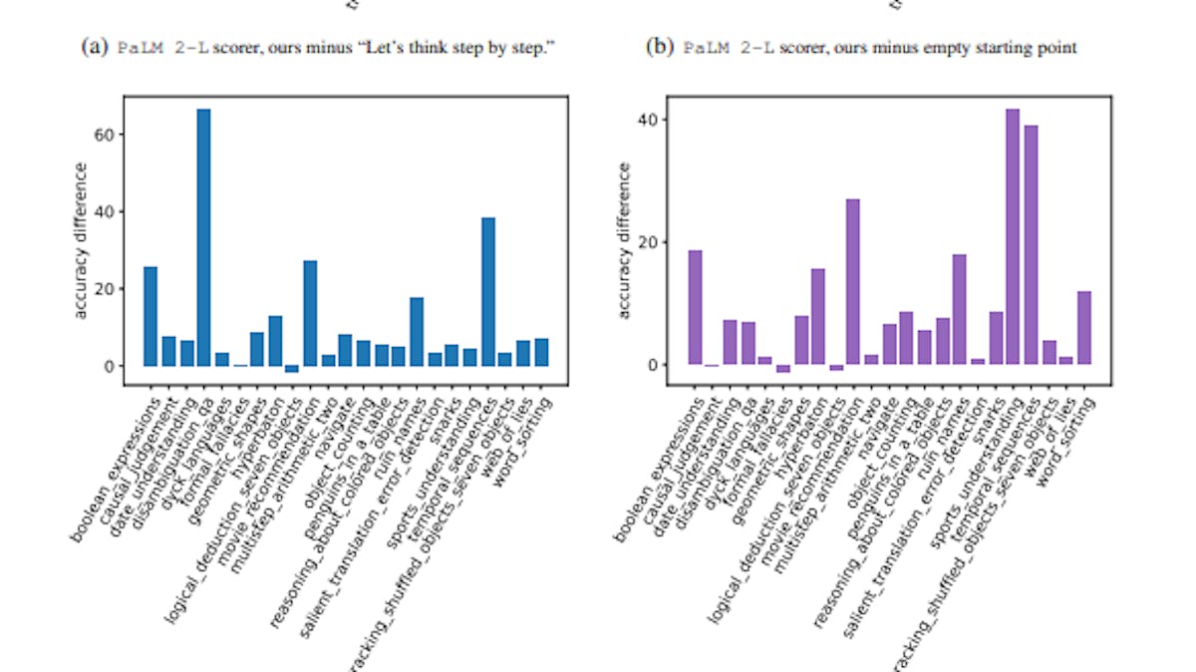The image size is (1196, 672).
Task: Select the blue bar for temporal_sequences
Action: coord(488,292)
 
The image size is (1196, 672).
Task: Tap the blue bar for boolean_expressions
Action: coord(150,316)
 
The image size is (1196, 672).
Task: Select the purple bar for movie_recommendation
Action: coord(853,282)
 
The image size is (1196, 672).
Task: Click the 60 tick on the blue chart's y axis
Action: coord(109,134)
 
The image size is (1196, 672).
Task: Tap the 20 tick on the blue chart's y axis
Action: coord(109,289)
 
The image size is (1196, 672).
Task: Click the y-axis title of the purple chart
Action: coord(625,240)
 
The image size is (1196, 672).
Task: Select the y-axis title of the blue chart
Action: coord(81,240)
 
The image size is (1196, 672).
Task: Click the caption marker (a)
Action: coord(96,48)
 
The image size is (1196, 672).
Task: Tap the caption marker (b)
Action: coord(660,48)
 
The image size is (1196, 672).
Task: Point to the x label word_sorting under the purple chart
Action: coord(1064,431)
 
